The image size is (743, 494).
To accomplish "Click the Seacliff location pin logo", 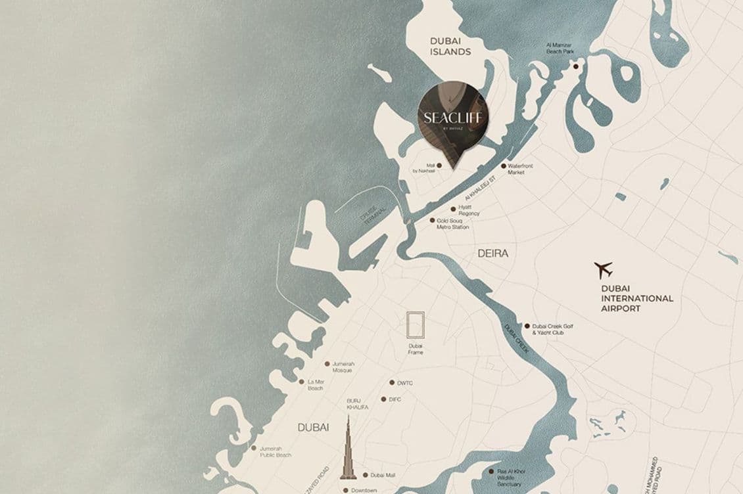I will coord(453,120).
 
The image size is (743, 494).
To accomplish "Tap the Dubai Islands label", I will coord(450,46).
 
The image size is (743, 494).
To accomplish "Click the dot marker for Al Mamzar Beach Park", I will coord(575,66).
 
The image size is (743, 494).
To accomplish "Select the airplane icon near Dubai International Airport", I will coord(603,270).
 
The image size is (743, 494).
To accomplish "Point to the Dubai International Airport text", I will coord(636,298).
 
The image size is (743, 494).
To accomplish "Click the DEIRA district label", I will coord(492,253).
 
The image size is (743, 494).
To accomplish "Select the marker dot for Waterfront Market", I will coord(504,166).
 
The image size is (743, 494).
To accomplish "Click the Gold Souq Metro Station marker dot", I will coord(432,221).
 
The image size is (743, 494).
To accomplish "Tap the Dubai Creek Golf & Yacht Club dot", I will coord(527,326).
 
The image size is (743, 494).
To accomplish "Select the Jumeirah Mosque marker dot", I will coord(327,363).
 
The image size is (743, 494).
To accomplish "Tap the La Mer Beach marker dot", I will coord(301,382).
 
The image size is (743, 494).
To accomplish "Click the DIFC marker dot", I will coord(383,399).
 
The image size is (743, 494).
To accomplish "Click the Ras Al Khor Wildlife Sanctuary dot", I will coord(491,471).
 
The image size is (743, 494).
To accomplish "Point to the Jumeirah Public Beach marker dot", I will coord(254,448).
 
